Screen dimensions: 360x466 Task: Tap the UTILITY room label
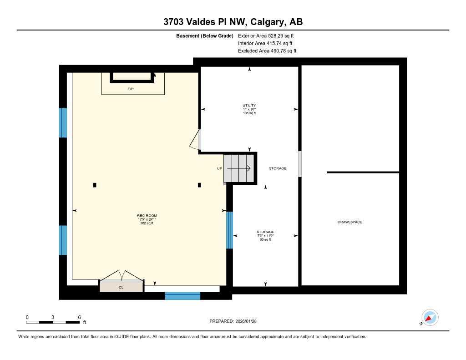[x=249, y=106]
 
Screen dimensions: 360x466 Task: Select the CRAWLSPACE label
[x=349, y=222]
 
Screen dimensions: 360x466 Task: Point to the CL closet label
[x=121, y=287]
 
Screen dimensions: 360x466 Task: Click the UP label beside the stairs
[x=219, y=168]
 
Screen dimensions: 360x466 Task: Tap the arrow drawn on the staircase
[x=239, y=168]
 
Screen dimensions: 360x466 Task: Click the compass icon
[x=430, y=317]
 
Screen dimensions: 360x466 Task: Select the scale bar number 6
[x=79, y=317]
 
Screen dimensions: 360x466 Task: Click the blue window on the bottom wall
[x=182, y=296]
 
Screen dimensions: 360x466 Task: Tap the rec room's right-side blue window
[x=229, y=230]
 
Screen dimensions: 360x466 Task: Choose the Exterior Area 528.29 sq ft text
[x=269, y=35]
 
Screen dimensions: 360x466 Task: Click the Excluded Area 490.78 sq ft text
[x=267, y=51]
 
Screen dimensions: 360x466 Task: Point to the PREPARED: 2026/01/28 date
[x=236, y=321]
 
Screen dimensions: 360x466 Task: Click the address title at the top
[x=233, y=22]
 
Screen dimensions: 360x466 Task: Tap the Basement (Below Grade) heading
[x=204, y=35]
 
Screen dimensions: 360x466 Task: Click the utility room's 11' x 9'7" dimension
[x=249, y=109]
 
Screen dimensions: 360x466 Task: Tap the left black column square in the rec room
[x=95, y=185]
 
